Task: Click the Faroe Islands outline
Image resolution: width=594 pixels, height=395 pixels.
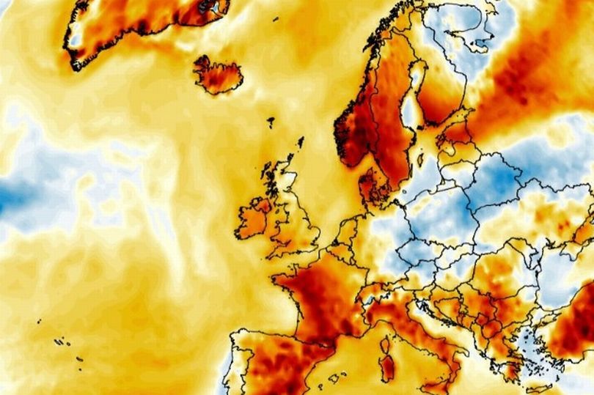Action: [271, 122]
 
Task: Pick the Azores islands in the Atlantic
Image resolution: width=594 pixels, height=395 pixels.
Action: [62, 341]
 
